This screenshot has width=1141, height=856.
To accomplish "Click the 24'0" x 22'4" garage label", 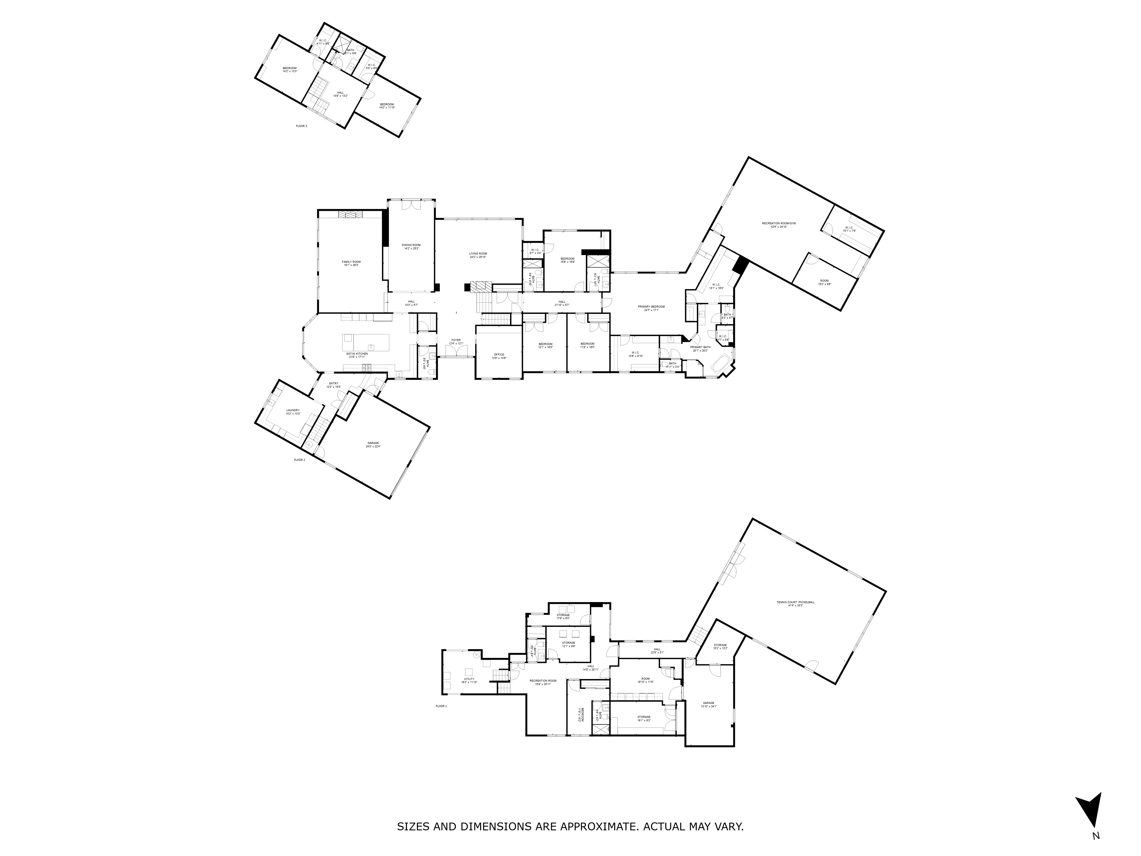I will (373, 444).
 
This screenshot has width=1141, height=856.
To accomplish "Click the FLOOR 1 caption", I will (441, 706).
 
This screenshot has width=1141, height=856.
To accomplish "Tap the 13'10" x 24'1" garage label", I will (708, 704).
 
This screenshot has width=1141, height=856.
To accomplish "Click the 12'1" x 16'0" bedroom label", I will (545, 345).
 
